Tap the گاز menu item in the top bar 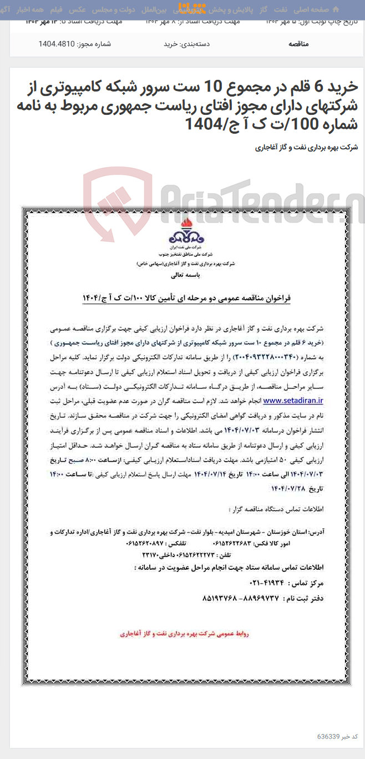(x=263, y=9)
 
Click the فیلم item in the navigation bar (x=57, y=9)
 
